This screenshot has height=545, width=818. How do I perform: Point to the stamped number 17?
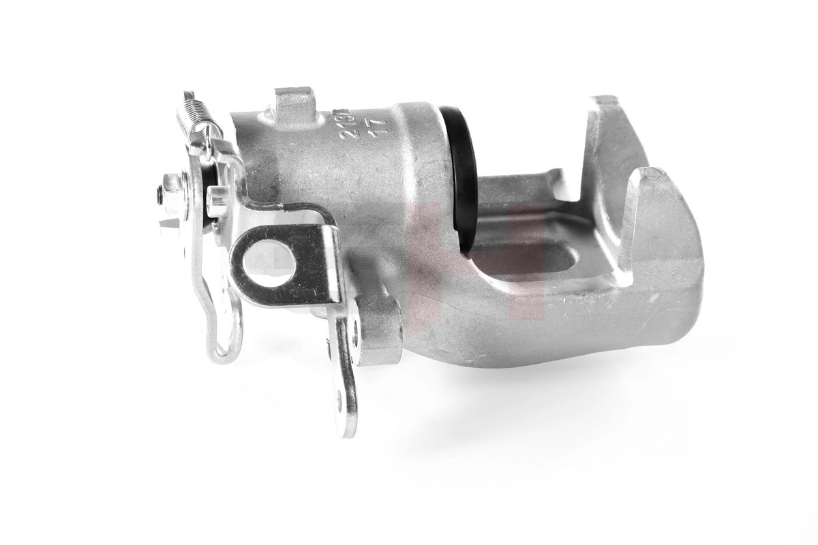374,126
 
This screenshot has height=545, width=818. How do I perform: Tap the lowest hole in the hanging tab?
339,401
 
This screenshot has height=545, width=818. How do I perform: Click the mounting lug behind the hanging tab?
378,330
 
